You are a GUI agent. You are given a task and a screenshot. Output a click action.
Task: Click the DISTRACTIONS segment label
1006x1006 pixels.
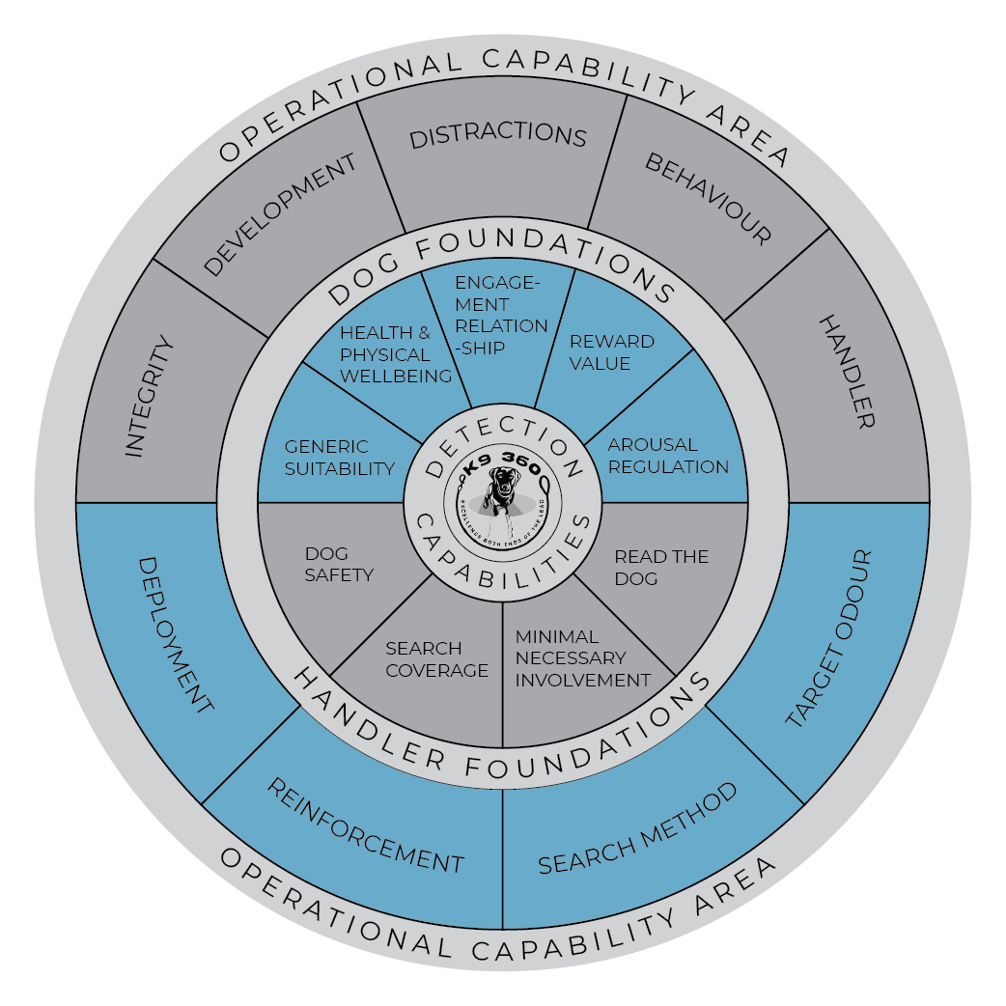click(x=498, y=136)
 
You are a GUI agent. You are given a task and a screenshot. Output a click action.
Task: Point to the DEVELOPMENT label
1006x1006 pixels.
click(x=281, y=215)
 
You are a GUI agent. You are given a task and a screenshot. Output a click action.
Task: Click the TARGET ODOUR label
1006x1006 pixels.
click(x=828, y=640)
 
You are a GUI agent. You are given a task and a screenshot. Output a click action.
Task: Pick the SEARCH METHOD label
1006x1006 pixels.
click(x=638, y=829)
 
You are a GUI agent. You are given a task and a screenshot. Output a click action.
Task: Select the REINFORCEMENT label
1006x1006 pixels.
click(x=365, y=826)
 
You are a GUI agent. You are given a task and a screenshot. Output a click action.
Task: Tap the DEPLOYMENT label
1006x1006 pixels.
click(x=176, y=634)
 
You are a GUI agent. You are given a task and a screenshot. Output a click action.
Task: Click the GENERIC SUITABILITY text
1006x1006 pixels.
click(x=339, y=458)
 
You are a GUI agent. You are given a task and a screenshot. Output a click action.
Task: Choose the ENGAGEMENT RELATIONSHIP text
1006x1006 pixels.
click(x=501, y=315)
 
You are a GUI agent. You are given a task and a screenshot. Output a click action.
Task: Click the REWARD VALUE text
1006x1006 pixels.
click(x=612, y=352)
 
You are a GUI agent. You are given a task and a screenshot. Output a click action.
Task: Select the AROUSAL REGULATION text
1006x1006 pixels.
click(x=667, y=456)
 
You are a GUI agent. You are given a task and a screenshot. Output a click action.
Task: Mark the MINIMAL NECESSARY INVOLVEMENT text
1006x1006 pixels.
click(x=582, y=658)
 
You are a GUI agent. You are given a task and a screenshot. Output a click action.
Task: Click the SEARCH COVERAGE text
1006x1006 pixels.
click(x=436, y=659)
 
